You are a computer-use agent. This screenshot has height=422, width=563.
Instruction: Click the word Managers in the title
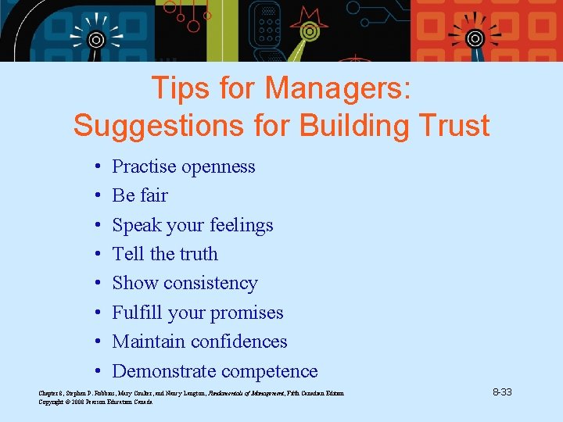coord(337,88)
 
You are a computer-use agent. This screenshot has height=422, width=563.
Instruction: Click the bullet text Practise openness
coord(184,166)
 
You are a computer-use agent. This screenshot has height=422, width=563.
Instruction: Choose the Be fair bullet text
coord(140,195)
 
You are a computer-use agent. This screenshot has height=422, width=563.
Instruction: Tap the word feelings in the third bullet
coord(240,225)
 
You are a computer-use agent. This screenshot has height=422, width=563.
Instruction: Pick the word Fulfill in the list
coord(137,313)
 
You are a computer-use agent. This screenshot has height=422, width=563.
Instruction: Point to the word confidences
coord(238,342)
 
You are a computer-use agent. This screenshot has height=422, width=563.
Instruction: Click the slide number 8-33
coord(501,392)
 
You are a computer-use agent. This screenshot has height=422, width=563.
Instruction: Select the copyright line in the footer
coord(95,402)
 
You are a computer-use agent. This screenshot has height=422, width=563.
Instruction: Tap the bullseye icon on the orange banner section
coord(474,38)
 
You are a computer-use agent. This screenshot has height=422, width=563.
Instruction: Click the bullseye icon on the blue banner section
coord(95,38)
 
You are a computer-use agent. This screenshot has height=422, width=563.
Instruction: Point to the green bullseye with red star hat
coord(310,31)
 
